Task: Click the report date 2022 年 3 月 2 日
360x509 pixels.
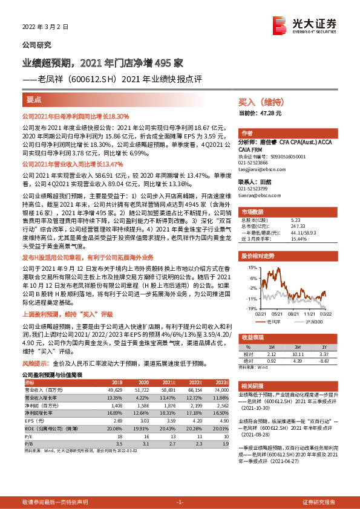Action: [x=42, y=27]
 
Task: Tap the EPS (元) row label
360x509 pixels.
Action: [x=33, y=419]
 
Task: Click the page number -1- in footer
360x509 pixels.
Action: [x=180, y=502]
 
